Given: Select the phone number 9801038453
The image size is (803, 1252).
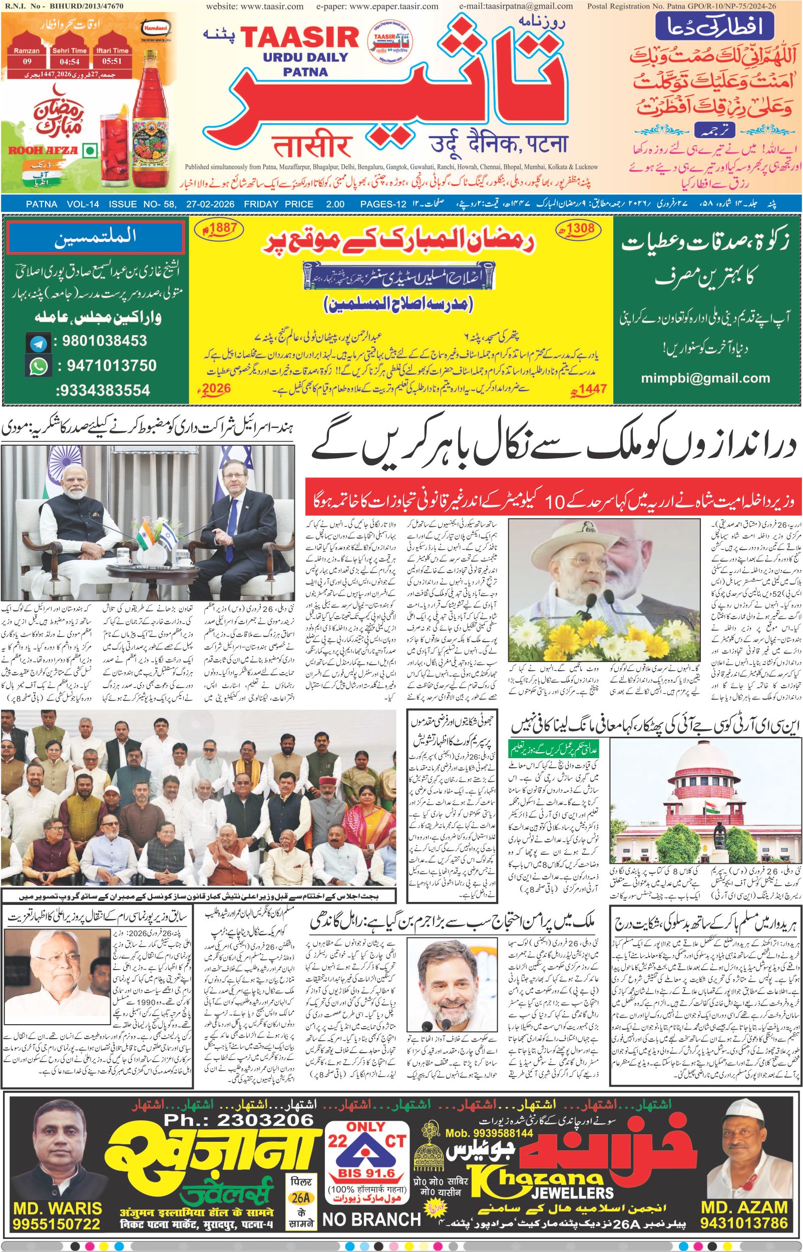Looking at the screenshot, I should click(x=104, y=342).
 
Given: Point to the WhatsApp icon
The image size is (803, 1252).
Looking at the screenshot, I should click(x=38, y=366).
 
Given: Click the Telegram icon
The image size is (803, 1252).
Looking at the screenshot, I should click(x=38, y=343).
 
